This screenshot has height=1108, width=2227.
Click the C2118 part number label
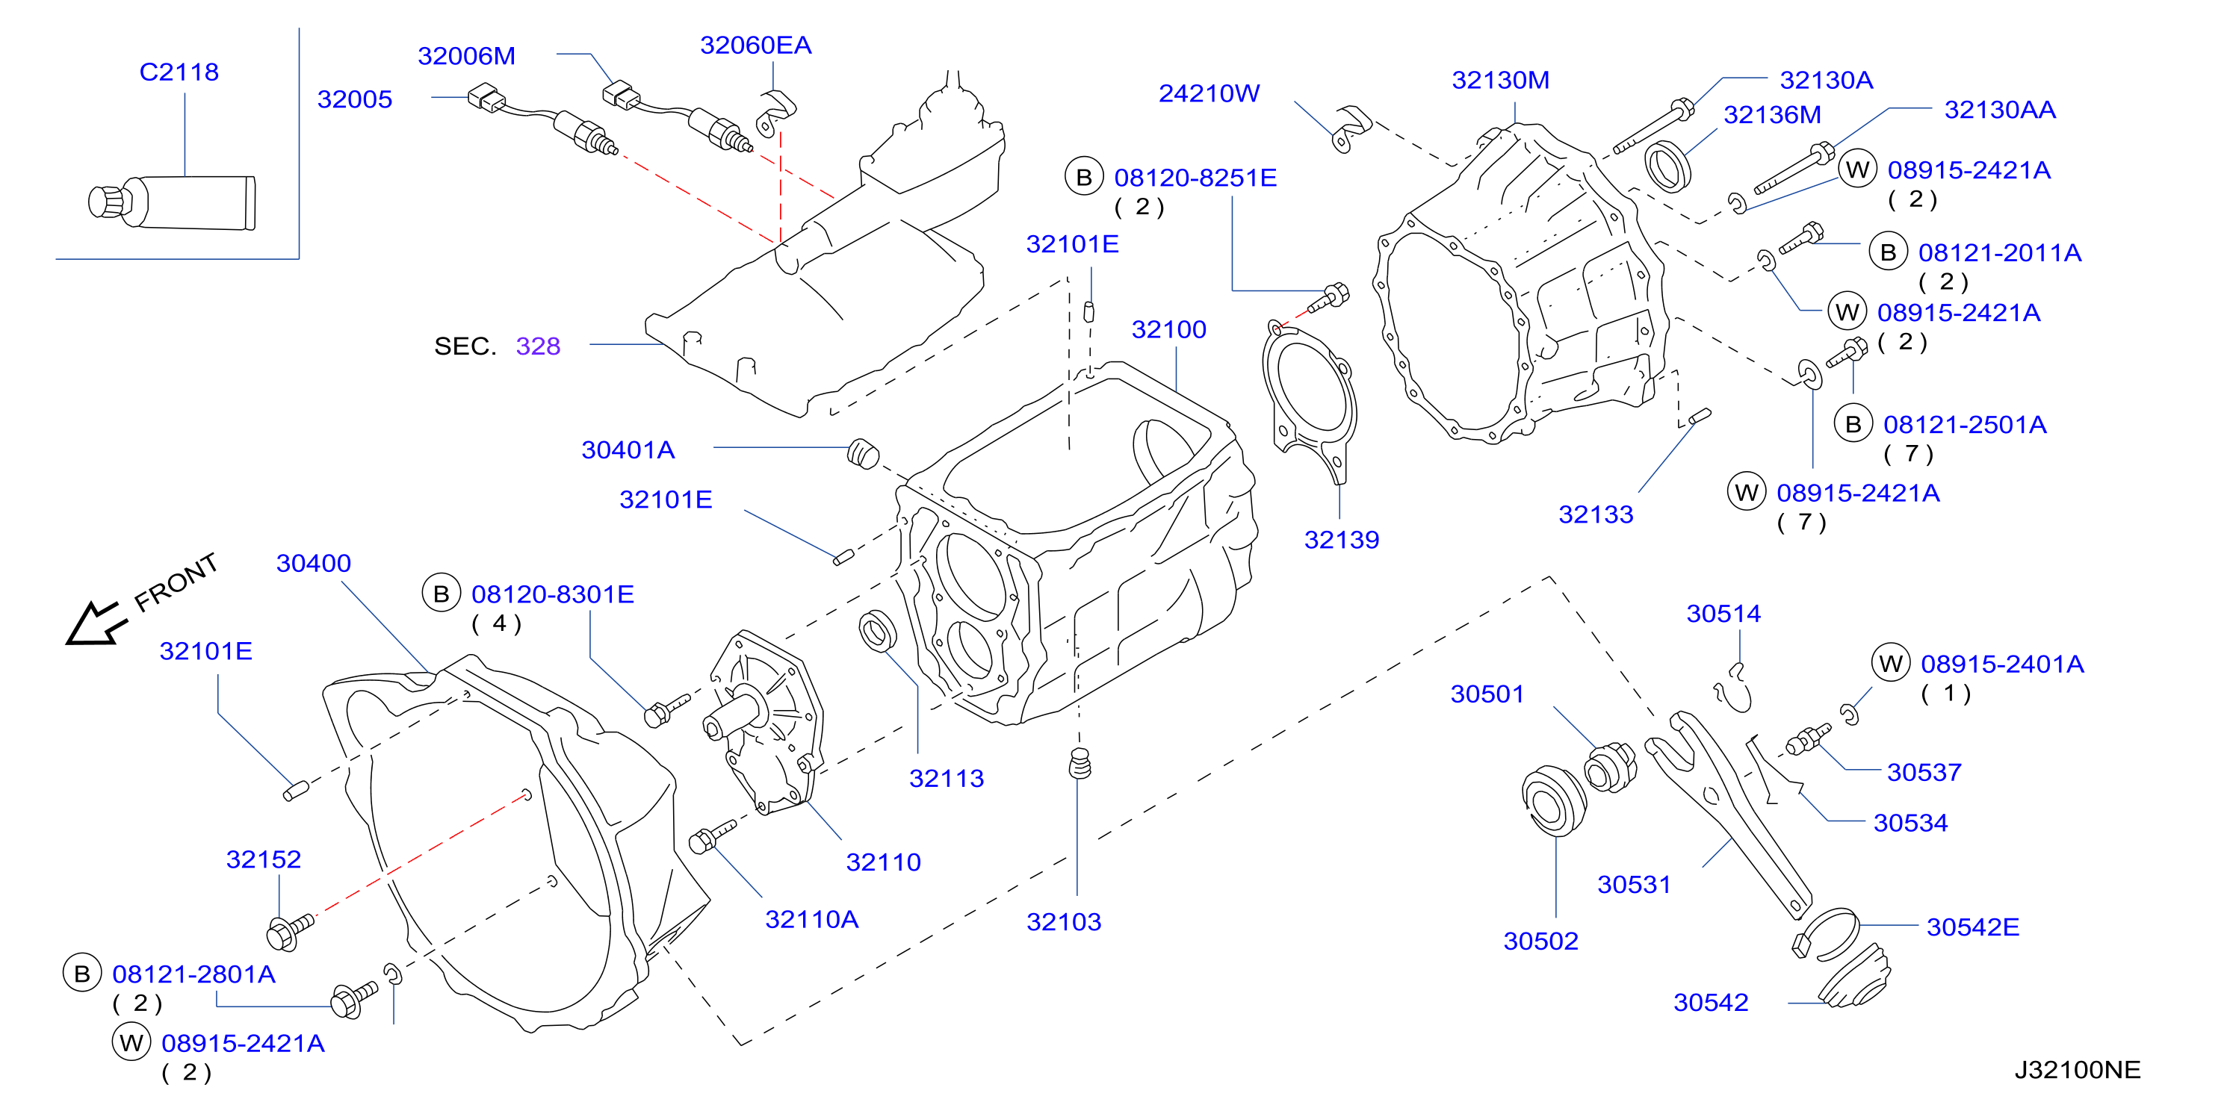[179, 72]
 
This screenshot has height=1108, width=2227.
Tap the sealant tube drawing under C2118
[172, 203]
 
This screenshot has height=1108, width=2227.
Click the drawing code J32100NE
[2077, 1069]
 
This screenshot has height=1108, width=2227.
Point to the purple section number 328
[538, 346]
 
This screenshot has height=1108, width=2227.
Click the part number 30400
[313, 564]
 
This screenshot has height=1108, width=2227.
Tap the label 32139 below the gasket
[1341, 540]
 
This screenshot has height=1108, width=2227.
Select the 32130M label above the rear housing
[1500, 81]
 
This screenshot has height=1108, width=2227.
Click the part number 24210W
[1209, 93]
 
